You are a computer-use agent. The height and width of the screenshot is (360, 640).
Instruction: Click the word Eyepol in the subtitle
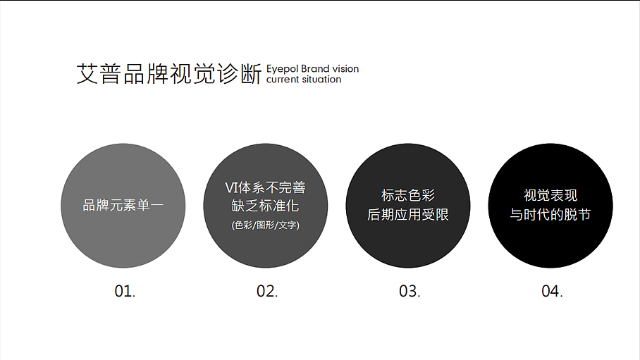(282, 69)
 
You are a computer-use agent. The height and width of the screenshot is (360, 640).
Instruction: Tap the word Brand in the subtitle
(315, 69)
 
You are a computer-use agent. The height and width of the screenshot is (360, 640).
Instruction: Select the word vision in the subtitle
(345, 69)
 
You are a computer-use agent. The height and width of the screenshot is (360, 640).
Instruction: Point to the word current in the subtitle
(283, 80)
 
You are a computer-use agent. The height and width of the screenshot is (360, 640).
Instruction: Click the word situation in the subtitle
(321, 80)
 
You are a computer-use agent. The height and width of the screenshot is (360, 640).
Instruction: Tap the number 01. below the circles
(125, 291)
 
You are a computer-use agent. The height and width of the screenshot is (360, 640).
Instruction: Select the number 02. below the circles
(267, 291)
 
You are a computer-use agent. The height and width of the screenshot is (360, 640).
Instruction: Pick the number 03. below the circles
(410, 291)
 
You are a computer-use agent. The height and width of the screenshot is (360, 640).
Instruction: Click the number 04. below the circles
(552, 291)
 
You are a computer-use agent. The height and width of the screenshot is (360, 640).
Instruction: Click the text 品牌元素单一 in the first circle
(123, 206)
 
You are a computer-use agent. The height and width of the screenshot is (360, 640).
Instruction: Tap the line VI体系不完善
(265, 188)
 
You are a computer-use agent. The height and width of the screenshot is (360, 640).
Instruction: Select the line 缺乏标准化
(265, 206)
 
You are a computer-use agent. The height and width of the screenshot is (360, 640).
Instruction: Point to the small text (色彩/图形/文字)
(265, 225)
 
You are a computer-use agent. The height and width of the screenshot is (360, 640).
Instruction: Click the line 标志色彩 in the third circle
(408, 196)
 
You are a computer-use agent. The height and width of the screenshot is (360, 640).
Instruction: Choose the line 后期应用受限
(408, 215)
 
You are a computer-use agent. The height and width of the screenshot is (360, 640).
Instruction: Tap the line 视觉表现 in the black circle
(550, 196)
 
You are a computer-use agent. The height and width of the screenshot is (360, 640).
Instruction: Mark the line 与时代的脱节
(550, 215)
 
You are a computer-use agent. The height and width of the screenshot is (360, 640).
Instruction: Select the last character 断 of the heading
(252, 74)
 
